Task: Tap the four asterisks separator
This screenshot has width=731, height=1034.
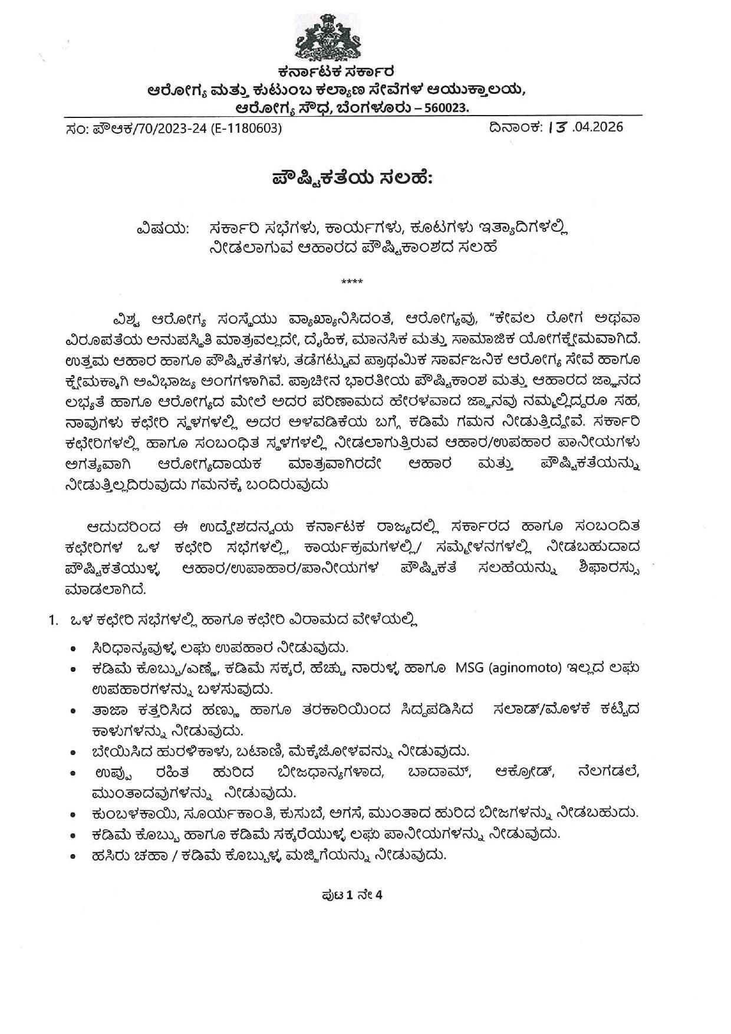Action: coord(352,281)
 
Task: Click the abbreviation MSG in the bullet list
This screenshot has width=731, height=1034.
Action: coord(469,668)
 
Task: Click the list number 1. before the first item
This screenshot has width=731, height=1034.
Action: coord(54,620)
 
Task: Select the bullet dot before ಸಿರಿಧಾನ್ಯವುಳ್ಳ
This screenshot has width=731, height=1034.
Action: coord(73,648)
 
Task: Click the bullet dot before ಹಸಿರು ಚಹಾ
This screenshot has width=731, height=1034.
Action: coord(73,854)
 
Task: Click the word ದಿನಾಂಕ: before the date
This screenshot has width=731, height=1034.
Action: coord(514,127)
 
